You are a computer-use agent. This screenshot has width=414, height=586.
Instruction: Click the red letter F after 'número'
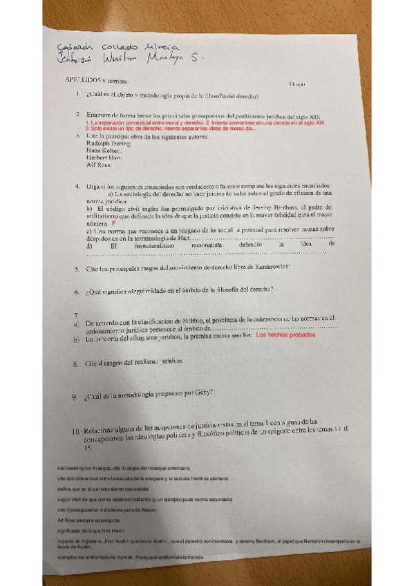(x=113, y=224)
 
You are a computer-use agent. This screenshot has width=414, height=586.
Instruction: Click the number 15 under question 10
(x=87, y=448)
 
